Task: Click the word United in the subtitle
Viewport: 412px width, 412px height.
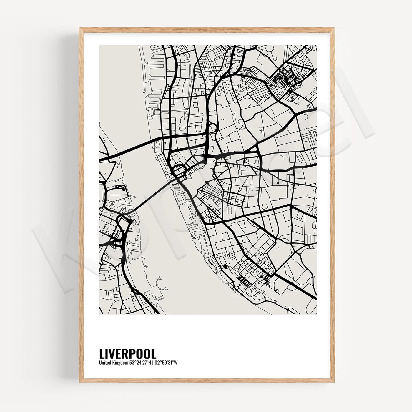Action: [x=104, y=363]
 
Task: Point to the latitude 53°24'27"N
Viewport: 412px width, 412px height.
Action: [x=140, y=363]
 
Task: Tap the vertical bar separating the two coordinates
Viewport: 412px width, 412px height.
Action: [x=153, y=363]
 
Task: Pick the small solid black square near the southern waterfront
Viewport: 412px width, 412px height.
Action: [x=225, y=266]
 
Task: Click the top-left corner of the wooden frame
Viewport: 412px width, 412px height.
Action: [x=80, y=28]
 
